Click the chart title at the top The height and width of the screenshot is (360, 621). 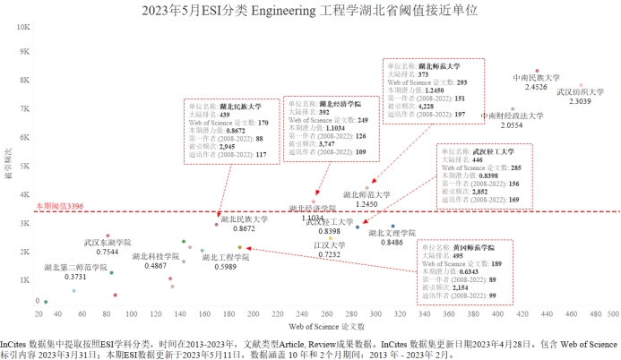(x=309, y=12)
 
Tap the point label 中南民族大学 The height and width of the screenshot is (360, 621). (x=536, y=78)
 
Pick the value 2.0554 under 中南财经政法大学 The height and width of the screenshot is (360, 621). (x=512, y=125)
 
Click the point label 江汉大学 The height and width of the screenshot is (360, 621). (x=330, y=244)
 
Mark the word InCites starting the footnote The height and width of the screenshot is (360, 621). (x=13, y=343)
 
